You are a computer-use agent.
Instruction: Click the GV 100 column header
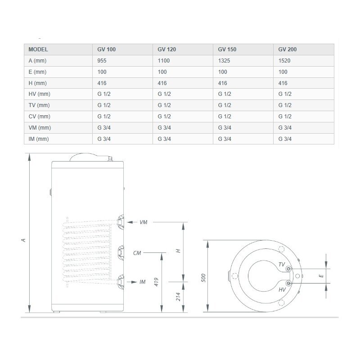pyautogui.click(x=106, y=49)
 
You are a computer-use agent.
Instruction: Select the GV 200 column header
pyautogui.click(x=287, y=49)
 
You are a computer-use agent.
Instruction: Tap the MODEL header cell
pyautogui.click(x=38, y=49)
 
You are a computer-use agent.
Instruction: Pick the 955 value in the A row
pyautogui.click(x=102, y=61)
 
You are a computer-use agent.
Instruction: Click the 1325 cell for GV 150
pyautogui.click(x=224, y=61)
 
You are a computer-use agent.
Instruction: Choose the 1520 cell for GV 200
pyautogui.click(x=284, y=61)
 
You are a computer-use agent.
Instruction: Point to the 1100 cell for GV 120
pyautogui.click(x=163, y=61)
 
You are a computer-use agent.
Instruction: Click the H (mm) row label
pyautogui.click(x=37, y=83)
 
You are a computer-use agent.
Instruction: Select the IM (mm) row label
pyautogui.click(x=39, y=139)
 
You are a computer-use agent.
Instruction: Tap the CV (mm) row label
pyautogui.click(x=39, y=117)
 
